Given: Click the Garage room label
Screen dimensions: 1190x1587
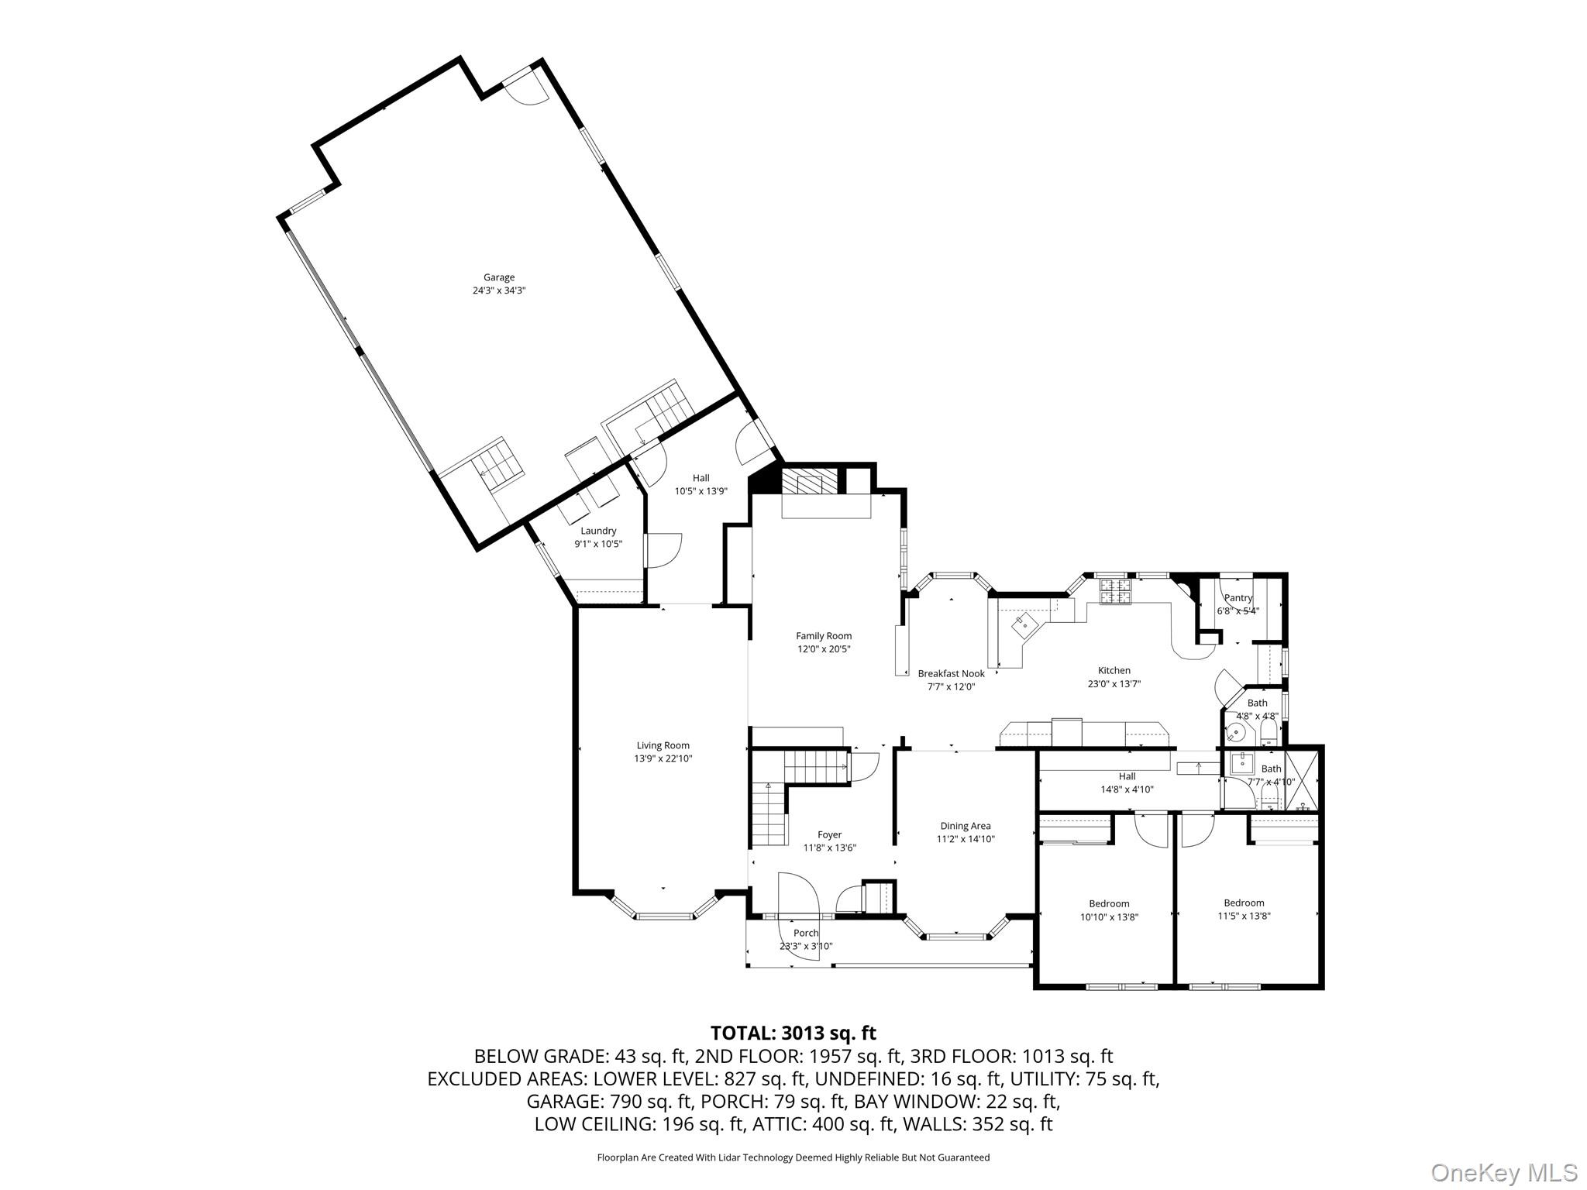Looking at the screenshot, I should (x=498, y=277).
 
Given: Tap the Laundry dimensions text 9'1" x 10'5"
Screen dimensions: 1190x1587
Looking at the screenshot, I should (x=597, y=544).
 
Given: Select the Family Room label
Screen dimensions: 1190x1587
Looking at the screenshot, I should (x=823, y=636).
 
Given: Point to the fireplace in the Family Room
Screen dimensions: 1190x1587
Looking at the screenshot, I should (x=809, y=483).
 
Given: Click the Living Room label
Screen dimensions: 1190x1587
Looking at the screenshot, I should (x=663, y=746).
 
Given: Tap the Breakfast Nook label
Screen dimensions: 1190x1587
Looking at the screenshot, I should (x=951, y=674).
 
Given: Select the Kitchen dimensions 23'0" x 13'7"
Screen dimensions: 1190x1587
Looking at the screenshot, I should (x=1114, y=684).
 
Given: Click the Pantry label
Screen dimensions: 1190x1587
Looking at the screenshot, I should (x=1238, y=598).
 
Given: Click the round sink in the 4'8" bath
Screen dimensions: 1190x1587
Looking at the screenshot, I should (x=1238, y=732).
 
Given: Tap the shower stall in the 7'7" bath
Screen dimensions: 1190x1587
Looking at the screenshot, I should (x=1301, y=780).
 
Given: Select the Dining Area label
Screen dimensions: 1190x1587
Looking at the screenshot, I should (x=965, y=826).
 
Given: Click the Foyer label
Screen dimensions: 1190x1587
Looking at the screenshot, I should (x=829, y=835).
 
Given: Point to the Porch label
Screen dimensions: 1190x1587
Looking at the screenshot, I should (x=805, y=934).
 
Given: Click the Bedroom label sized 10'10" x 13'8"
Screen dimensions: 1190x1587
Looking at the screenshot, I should (x=1108, y=903).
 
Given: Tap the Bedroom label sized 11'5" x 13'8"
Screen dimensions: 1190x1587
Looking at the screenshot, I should (x=1243, y=903).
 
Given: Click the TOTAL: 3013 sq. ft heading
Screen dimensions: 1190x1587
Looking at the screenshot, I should (x=793, y=1033).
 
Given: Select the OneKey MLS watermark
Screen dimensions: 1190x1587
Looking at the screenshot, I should (x=1503, y=1172).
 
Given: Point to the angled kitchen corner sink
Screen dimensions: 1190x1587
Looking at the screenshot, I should (x=1024, y=623).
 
